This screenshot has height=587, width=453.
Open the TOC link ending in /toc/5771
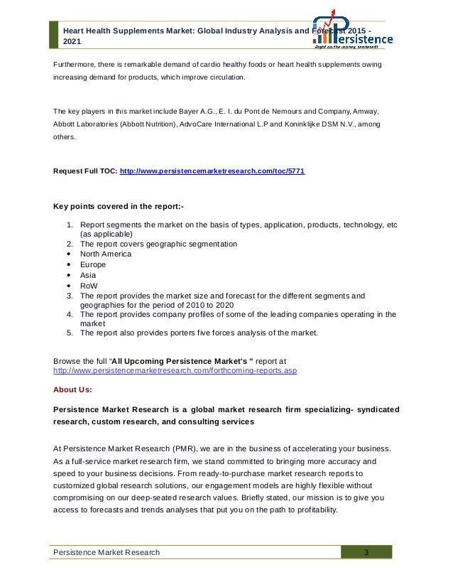coord(213,172)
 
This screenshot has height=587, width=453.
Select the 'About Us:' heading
coord(72,389)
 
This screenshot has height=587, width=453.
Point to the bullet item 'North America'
coord(106,254)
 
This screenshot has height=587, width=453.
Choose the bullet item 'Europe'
coord(92,264)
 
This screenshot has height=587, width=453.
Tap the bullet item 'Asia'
coord(88,274)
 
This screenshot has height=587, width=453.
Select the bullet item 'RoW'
coord(89,285)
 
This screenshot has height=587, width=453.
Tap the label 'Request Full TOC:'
coord(85,172)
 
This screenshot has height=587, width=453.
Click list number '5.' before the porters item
coord(70,333)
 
